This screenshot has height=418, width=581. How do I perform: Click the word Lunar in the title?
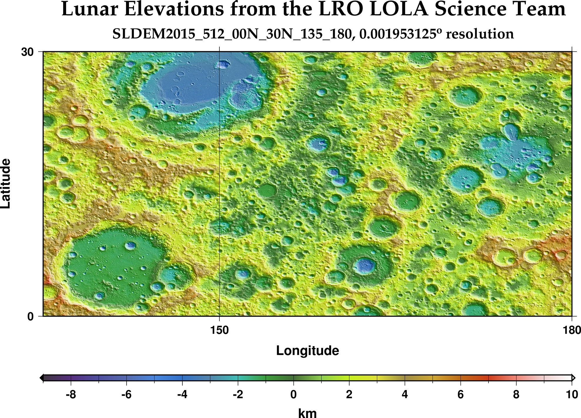89,9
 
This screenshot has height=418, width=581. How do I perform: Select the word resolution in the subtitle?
480,34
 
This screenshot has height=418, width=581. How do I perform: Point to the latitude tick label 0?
31,317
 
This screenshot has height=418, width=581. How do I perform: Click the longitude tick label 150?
219,330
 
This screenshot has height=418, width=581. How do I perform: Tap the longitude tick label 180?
572,330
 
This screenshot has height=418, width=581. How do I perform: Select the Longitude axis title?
308,351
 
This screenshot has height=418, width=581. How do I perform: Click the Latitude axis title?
6,184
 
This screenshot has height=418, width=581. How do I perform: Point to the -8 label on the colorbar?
71,395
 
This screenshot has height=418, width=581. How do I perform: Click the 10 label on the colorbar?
572,395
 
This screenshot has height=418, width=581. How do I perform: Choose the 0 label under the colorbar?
293,395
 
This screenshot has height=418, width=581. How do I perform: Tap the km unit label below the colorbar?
308,413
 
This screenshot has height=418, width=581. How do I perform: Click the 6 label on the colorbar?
461,395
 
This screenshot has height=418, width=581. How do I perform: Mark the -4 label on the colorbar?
182,395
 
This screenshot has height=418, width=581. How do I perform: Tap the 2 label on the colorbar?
349,395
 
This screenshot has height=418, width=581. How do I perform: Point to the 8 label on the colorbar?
516,395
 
